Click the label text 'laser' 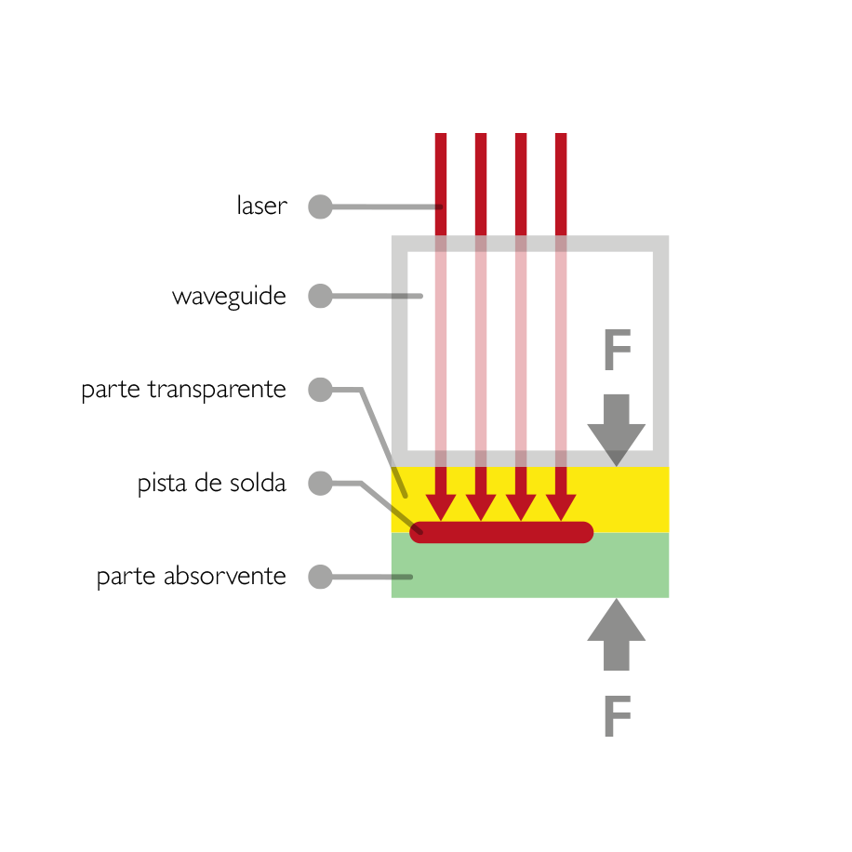(x=262, y=206)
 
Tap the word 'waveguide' (x=229, y=297)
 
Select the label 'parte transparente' (x=183, y=390)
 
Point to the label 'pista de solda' (x=211, y=483)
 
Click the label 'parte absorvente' (x=192, y=577)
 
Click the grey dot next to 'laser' (x=320, y=207)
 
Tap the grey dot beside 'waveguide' (x=320, y=296)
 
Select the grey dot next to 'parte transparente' (x=320, y=390)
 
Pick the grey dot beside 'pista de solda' (x=320, y=483)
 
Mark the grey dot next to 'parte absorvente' (x=320, y=577)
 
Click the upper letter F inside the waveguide (x=618, y=350)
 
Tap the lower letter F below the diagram (x=618, y=716)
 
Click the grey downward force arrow (x=616, y=431)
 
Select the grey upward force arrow (x=616, y=634)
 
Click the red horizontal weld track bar (x=501, y=532)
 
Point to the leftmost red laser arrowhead (x=441, y=507)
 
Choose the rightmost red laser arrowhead (x=561, y=507)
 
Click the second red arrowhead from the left (x=481, y=507)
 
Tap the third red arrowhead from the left (x=521, y=507)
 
